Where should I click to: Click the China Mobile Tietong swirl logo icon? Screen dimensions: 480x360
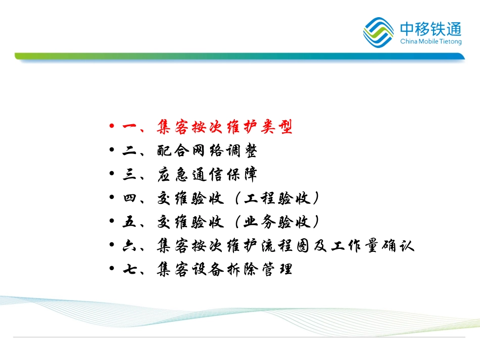point(378,32)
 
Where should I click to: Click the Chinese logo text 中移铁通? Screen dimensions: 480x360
point(430,29)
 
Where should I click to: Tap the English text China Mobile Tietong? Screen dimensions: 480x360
point(430,41)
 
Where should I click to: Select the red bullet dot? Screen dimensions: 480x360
point(112,126)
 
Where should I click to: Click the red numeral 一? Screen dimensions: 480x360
point(129,126)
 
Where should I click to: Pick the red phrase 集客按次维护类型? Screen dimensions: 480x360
point(224,127)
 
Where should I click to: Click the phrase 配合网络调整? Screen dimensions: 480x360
point(207,150)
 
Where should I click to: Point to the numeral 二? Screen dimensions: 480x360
point(129,150)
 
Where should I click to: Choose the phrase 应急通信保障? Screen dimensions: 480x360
point(207,174)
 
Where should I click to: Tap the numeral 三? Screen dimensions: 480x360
point(129,174)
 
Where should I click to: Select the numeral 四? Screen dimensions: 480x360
point(129,198)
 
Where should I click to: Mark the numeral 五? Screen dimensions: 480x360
point(129,222)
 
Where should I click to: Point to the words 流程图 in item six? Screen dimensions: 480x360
point(285,245)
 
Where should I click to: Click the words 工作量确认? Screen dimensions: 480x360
point(372,245)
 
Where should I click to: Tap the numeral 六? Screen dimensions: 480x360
point(129,245)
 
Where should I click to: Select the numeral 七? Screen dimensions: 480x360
point(129,269)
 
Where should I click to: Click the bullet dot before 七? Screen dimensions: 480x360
point(112,269)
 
